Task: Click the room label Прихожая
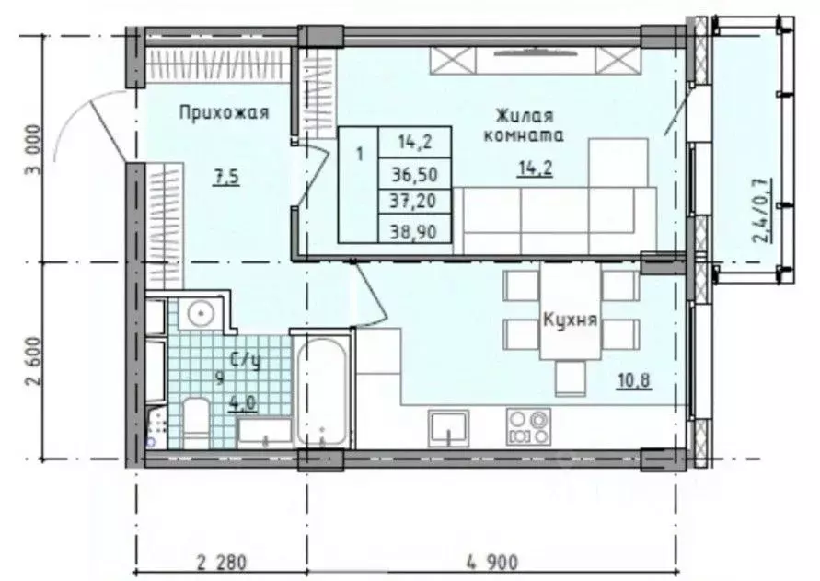point(224,112)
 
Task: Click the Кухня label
point(571,322)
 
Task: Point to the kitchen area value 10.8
point(634,379)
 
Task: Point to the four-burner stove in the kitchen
point(528,427)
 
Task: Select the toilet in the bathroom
point(196,420)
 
